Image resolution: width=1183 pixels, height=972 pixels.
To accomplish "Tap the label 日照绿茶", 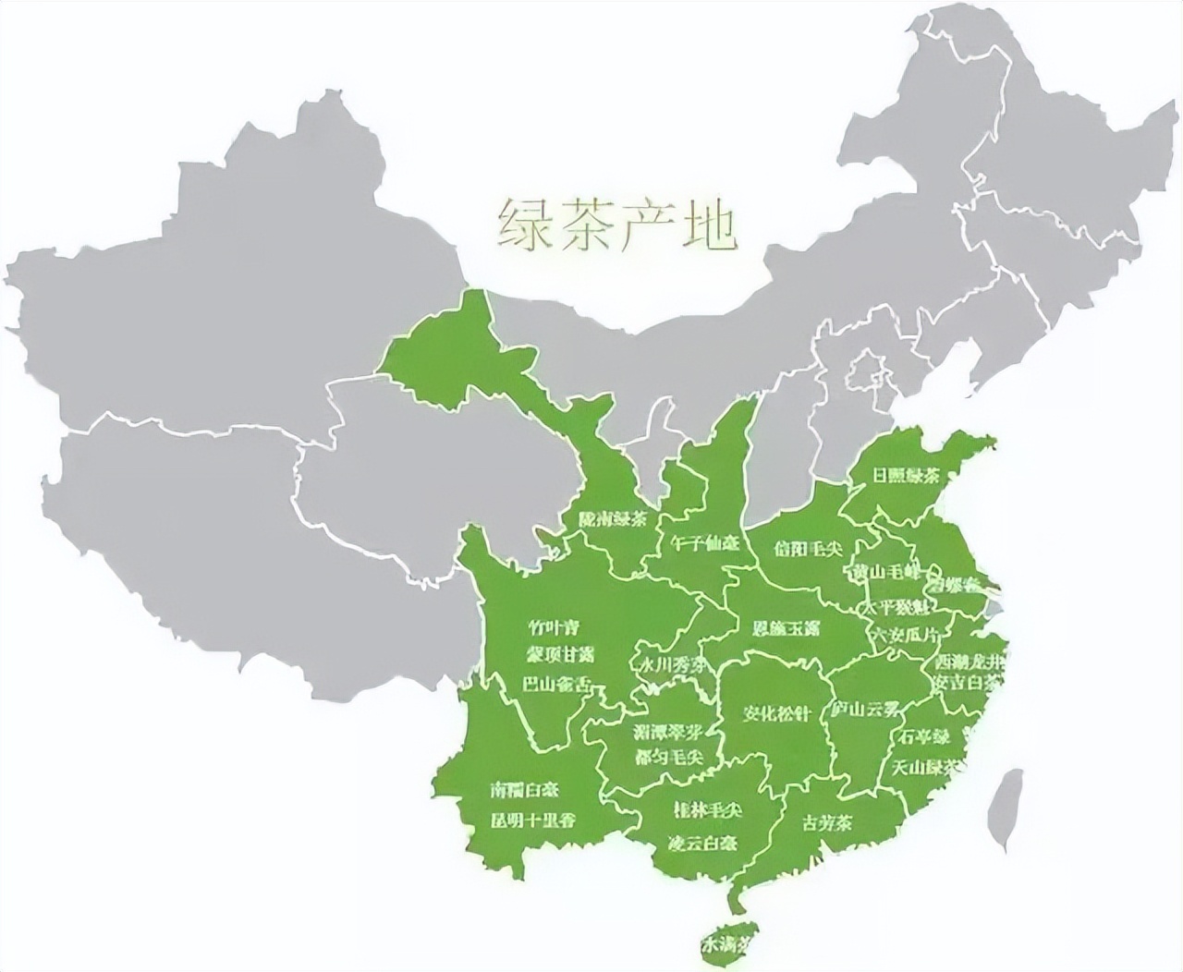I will click(x=907, y=476).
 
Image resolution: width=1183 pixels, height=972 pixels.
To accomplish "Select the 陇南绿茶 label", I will click(x=612, y=519).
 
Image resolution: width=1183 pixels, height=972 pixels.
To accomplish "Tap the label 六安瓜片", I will click(x=907, y=635).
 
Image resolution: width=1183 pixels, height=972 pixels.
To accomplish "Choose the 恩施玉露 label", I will click(x=786, y=628).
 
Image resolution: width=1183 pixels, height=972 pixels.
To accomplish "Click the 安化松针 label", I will click(x=778, y=713).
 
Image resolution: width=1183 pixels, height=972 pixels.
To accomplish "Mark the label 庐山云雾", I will click(x=865, y=710).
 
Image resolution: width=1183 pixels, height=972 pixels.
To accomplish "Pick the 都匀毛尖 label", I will click(x=669, y=756).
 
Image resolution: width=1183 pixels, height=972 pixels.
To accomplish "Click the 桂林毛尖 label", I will click(x=709, y=809).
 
